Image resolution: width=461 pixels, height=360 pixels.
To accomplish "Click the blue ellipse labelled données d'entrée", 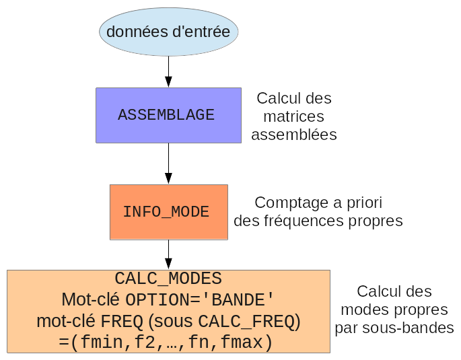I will click(168, 32).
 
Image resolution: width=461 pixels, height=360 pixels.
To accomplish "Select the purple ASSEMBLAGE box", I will click(168, 115).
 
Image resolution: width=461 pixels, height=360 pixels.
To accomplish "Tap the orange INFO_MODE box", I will click(168, 212).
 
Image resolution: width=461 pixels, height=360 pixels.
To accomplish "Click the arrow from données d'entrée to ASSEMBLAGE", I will click(168, 71).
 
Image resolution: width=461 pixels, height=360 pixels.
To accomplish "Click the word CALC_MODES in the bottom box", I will click(168, 279).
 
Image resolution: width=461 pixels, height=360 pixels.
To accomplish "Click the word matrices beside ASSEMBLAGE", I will click(294, 116).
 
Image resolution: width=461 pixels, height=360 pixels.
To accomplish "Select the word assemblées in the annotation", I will click(294, 135).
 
